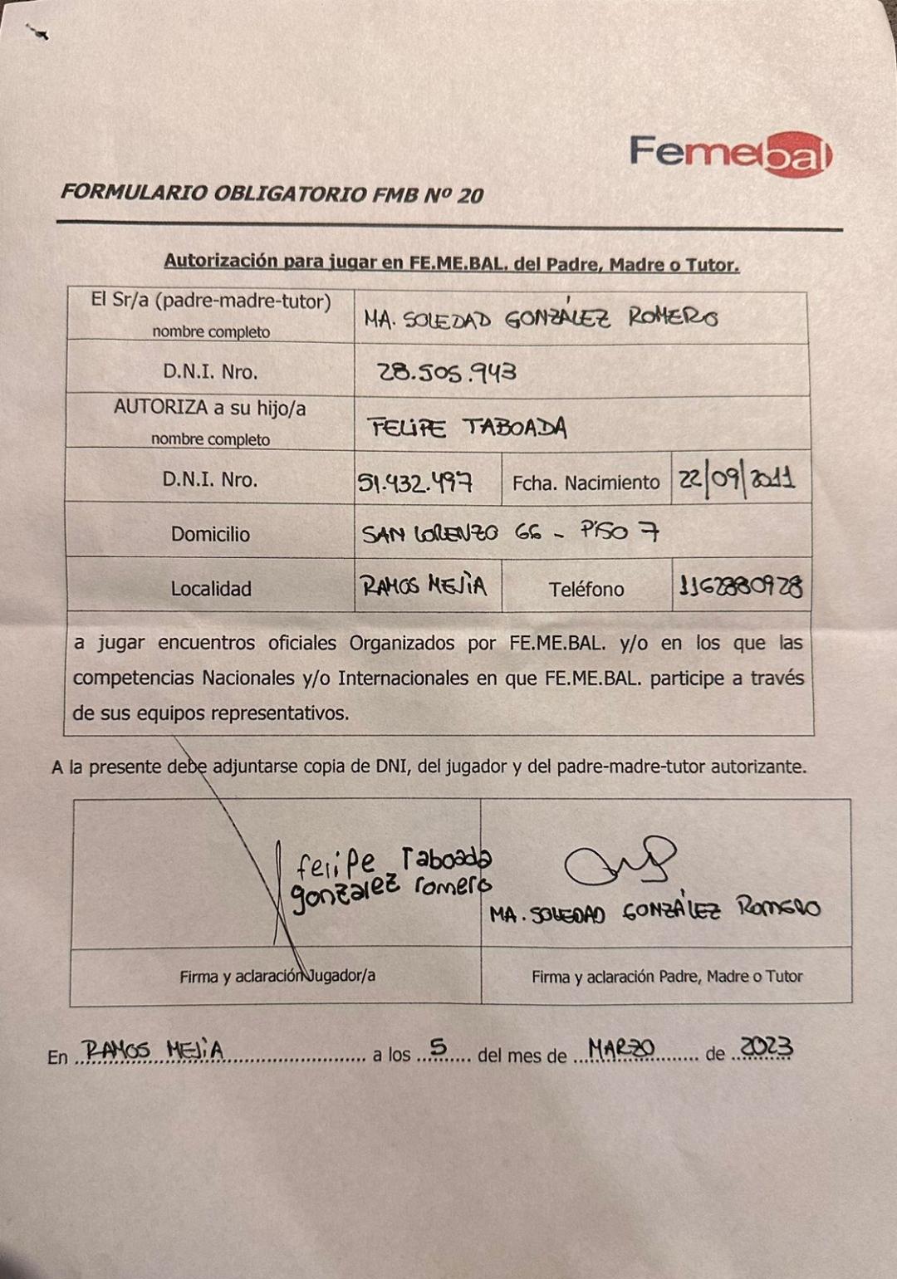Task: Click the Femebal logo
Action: point(730,154)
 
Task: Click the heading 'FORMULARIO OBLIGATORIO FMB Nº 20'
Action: point(272,194)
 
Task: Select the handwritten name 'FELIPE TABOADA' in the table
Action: point(468,428)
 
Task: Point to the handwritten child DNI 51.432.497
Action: point(415,482)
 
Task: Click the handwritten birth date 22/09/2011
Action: point(736,479)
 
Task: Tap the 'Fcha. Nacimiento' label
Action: point(586,483)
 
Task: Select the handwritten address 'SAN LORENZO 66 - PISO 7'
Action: point(510,532)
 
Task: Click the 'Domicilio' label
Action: point(210,534)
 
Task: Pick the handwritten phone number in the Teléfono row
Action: point(740,587)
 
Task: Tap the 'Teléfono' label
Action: point(586,589)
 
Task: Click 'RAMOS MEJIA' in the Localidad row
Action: point(424,586)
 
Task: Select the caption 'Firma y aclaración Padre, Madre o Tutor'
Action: point(667,977)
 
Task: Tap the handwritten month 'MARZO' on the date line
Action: point(621,1049)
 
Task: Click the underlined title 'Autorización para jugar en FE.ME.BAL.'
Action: point(451,262)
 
